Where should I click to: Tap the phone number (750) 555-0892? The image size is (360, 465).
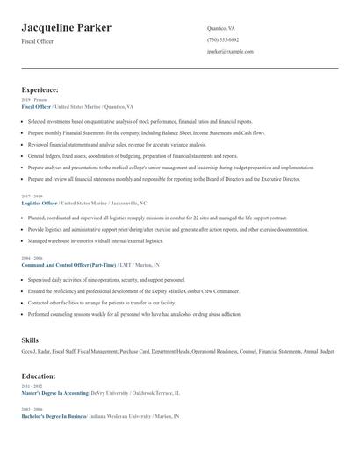coord(222,39)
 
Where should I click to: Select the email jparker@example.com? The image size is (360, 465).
coord(230,51)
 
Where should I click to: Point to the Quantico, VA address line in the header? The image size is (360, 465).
coord(220,28)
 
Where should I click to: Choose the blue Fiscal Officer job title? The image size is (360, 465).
coord(36,106)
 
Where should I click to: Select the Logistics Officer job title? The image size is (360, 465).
coord(39,203)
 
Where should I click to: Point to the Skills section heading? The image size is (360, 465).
coord(30,339)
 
